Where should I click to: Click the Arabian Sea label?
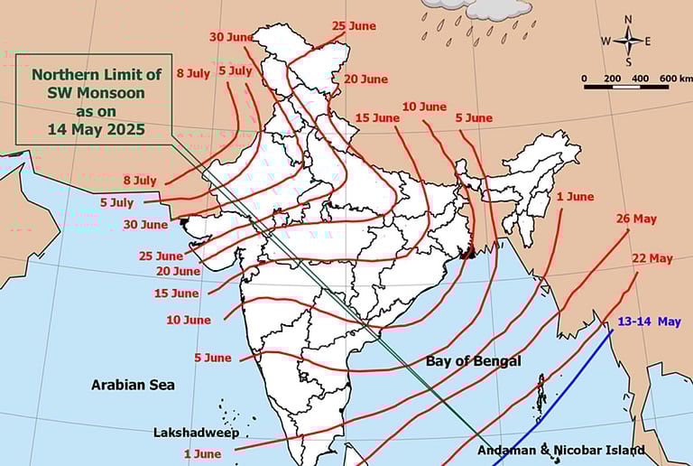(133, 385)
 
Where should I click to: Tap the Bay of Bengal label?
(473, 361)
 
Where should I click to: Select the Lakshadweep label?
(196, 433)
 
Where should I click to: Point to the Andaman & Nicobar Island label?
(560, 450)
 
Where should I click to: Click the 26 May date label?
(636, 219)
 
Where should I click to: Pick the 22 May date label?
(652, 258)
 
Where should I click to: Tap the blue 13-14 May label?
(649, 322)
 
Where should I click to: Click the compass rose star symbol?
(628, 40)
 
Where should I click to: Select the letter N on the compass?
(628, 19)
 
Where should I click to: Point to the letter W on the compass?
(606, 41)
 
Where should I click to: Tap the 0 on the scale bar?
(584, 79)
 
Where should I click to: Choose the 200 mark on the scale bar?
(613, 79)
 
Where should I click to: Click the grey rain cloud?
(476, 8)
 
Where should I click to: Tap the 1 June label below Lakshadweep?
(202, 453)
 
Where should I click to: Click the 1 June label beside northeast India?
(575, 197)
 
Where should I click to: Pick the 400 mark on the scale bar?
(640, 79)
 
